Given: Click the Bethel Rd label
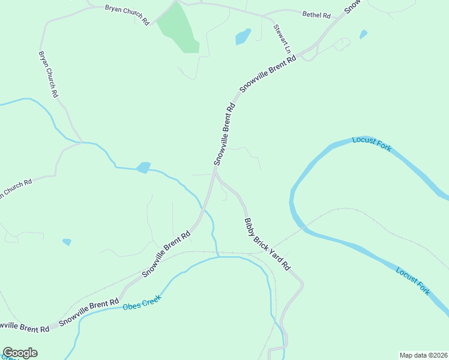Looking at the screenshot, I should click(316, 14).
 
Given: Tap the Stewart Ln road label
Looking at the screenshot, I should click(282, 38).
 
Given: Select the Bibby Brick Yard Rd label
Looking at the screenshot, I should click(268, 244).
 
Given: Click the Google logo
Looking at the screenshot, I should click(20, 353).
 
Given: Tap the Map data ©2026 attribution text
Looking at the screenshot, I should click(423, 355).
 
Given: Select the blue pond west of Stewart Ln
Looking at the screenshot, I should click(243, 37).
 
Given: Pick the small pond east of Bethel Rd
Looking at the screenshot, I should click(363, 35).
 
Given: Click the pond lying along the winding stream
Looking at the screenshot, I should click(143, 167).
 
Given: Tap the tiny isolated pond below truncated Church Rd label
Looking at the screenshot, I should click(67, 242).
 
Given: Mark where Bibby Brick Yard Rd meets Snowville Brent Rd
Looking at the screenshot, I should click(215, 172).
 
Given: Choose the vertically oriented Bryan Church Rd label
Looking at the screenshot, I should click(48, 74).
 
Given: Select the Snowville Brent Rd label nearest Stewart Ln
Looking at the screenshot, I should click(268, 74).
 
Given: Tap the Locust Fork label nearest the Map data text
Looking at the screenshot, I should click(413, 280).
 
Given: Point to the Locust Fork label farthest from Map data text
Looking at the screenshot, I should click(372, 144).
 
